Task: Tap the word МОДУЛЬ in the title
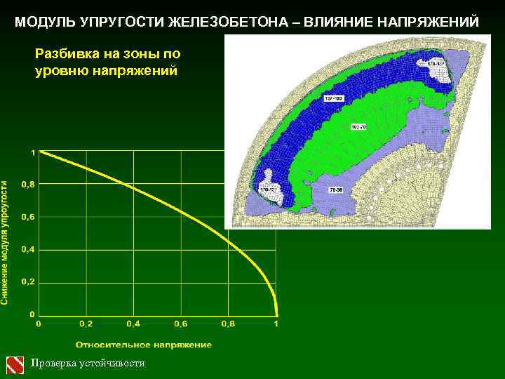[x=44, y=22]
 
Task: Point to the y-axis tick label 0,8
[x=28, y=185]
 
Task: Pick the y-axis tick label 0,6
[x=28, y=217]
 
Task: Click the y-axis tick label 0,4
[x=28, y=249]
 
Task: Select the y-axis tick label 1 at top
[x=32, y=152]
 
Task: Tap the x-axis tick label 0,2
[x=85, y=324]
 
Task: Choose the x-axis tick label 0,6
[x=180, y=324]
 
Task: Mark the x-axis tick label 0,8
[x=228, y=324]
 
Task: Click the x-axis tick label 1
[x=276, y=324]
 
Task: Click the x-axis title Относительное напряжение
[x=143, y=345]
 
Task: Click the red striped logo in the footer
[x=15, y=364]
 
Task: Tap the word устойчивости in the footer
[x=112, y=363]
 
